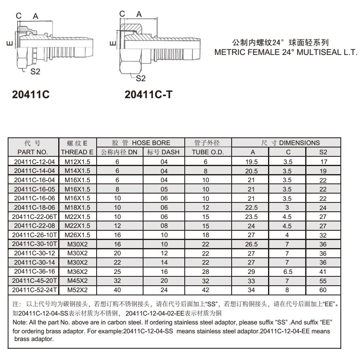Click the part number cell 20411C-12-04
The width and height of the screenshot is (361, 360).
[x=34, y=161]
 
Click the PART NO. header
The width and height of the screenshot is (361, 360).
[x=34, y=152]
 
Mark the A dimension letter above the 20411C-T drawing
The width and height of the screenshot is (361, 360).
[x=139, y=14]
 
